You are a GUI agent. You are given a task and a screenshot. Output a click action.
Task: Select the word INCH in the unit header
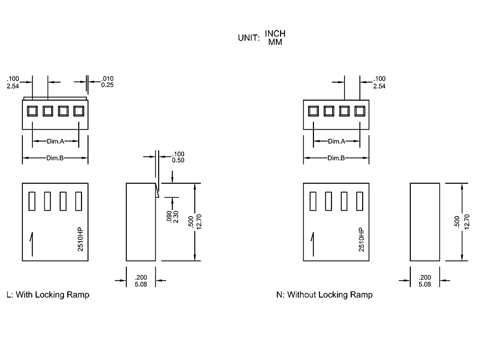click(x=275, y=33)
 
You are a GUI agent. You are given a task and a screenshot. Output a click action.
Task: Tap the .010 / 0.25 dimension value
click(x=107, y=82)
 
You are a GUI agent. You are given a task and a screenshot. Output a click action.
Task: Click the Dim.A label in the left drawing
click(x=56, y=141)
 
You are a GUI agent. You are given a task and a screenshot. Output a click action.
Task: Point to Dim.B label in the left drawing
click(x=56, y=158)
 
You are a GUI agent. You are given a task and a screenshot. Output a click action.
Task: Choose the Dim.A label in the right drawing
click(x=336, y=141)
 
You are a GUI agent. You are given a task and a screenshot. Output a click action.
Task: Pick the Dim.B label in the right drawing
click(x=336, y=158)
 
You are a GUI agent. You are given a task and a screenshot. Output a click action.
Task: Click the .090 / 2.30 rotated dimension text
click(x=172, y=217)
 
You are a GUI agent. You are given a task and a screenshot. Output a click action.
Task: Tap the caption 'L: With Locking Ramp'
click(x=48, y=294)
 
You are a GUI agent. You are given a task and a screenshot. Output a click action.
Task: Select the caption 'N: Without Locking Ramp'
click(x=324, y=295)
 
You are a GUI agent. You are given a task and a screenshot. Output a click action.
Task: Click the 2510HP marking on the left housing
click(x=80, y=239)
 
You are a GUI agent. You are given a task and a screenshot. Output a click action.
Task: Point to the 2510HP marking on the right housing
click(x=361, y=239)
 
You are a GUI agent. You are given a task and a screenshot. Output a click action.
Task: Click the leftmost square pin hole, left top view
click(x=32, y=111)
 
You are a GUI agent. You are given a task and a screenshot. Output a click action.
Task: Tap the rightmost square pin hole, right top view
click(x=359, y=111)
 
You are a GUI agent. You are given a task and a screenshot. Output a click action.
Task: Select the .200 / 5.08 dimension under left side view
click(x=141, y=281)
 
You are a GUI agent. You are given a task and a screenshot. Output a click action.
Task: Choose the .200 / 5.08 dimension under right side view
click(x=424, y=281)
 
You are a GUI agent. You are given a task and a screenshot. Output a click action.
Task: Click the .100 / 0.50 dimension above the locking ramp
click(x=178, y=157)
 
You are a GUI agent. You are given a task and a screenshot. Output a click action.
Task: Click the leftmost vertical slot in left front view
click(x=32, y=201)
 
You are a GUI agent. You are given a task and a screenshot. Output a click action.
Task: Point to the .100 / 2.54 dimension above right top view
click(x=379, y=83)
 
